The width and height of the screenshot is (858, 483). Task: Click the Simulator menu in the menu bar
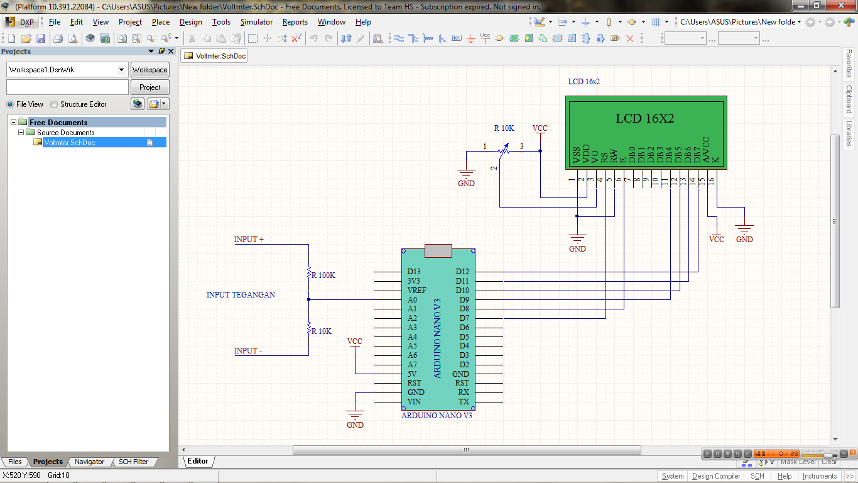[x=256, y=22]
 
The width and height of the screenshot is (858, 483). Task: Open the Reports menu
[x=295, y=22]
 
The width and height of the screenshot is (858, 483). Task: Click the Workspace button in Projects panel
[x=149, y=70]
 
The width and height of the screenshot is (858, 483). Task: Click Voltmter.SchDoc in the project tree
[x=70, y=143]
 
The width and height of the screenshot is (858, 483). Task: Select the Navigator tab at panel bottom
[x=89, y=462]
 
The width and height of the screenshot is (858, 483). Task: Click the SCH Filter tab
[x=133, y=462]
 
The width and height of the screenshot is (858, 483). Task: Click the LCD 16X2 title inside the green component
[x=644, y=118]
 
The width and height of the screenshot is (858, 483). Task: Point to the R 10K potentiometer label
[x=504, y=128]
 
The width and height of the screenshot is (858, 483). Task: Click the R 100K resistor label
[x=323, y=275]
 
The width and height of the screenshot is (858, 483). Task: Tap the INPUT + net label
[x=249, y=240]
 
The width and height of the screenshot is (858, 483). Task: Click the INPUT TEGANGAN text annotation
[x=241, y=295]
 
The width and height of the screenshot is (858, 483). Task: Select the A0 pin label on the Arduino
[x=412, y=300]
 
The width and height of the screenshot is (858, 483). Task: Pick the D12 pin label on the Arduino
[x=462, y=272]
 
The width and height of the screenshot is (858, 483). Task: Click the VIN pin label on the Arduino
[x=414, y=402]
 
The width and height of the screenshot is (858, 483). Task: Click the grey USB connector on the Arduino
[x=438, y=250]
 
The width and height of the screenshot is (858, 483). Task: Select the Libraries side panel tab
[x=849, y=133]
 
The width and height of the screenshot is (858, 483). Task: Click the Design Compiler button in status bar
[x=716, y=476]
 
